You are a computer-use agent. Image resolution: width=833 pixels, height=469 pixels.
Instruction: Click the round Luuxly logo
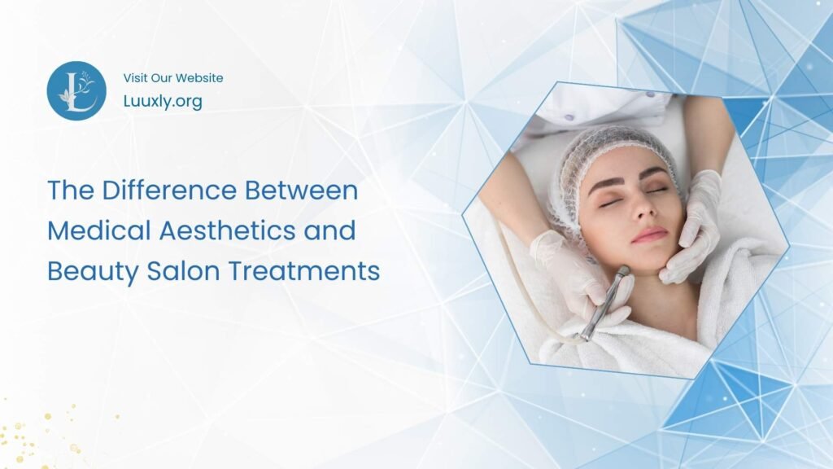(x=76, y=91)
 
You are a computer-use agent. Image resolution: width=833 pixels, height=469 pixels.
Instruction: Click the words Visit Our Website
(x=172, y=78)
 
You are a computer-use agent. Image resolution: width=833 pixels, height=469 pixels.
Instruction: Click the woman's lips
(x=648, y=235)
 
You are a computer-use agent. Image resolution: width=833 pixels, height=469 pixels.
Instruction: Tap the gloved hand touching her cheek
(x=693, y=228)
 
